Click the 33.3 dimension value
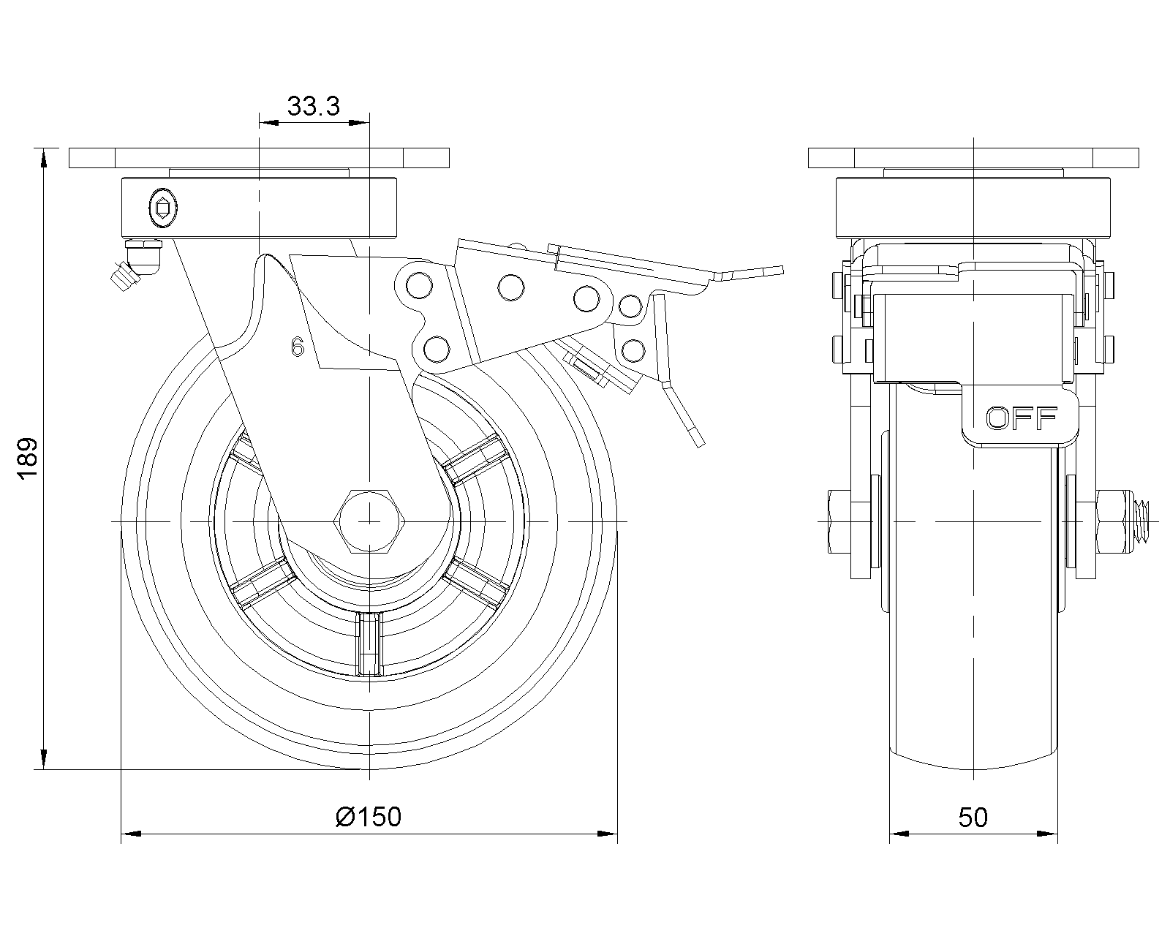314,107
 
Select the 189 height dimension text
27,459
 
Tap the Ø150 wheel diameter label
369,816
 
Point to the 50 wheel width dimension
973,817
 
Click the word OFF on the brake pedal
1021,419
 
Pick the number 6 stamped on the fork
297,347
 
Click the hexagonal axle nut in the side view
369,521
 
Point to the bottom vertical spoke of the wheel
370,644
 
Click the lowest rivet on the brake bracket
436,348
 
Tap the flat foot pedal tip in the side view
760,272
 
